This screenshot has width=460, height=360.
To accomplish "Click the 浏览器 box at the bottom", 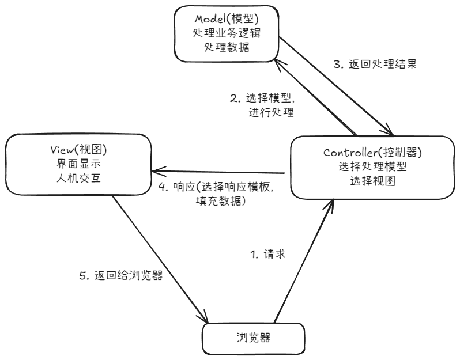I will point(253,339).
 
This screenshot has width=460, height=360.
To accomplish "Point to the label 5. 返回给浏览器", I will point(120,275).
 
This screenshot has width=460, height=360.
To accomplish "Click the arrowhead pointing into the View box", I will point(156,172).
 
